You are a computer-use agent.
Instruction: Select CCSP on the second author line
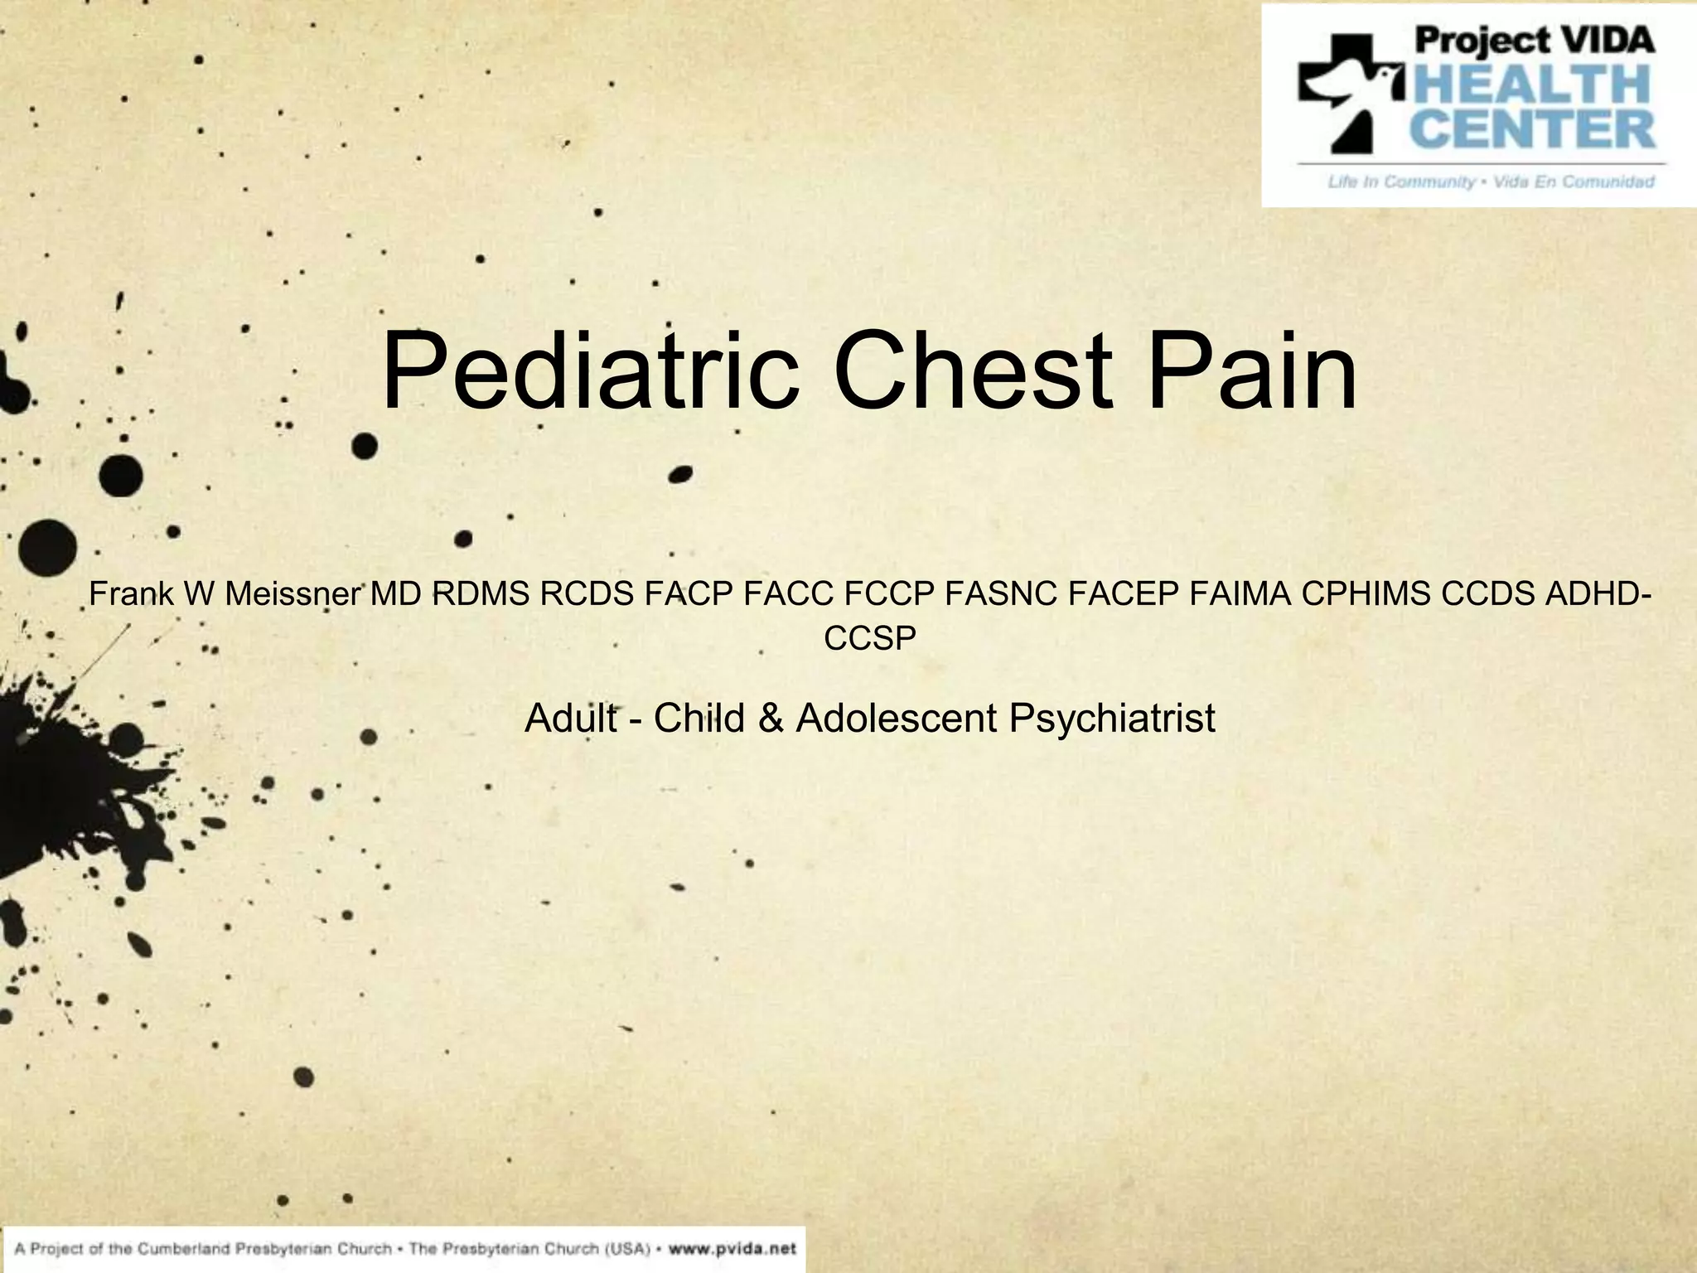point(870,638)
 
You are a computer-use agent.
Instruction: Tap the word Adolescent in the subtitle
point(897,718)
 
